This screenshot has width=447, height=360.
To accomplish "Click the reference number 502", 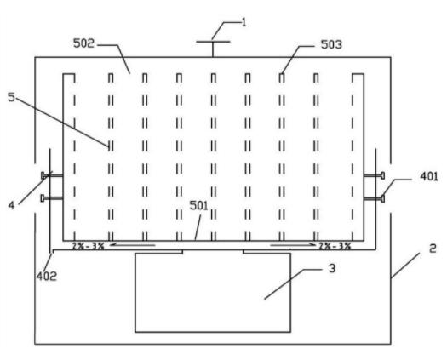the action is (83, 43).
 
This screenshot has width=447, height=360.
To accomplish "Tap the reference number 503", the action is (331, 44).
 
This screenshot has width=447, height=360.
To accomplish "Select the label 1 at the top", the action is (244, 22).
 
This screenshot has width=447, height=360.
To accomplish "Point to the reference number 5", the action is (11, 97).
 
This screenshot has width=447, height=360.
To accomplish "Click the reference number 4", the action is (11, 205).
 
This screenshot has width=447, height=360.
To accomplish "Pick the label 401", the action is (429, 177).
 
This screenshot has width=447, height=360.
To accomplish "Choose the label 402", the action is (47, 276).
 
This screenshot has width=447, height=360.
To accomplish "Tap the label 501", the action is (199, 205).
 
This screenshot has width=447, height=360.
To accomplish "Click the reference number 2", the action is (433, 249).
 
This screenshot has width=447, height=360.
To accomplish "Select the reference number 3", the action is (332, 268).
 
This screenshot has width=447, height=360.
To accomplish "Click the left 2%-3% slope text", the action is (88, 246).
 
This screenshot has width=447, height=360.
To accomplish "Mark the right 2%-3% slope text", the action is (335, 246).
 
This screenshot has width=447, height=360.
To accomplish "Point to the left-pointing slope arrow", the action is (133, 244).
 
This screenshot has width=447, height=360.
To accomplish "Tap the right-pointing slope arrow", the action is (293, 244).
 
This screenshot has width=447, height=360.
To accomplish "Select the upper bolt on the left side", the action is (52, 175).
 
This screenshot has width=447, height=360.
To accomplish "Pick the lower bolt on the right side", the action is (375, 198).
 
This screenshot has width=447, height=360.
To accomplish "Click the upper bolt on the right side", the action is (375, 175).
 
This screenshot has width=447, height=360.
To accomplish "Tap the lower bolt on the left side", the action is (52, 197).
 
